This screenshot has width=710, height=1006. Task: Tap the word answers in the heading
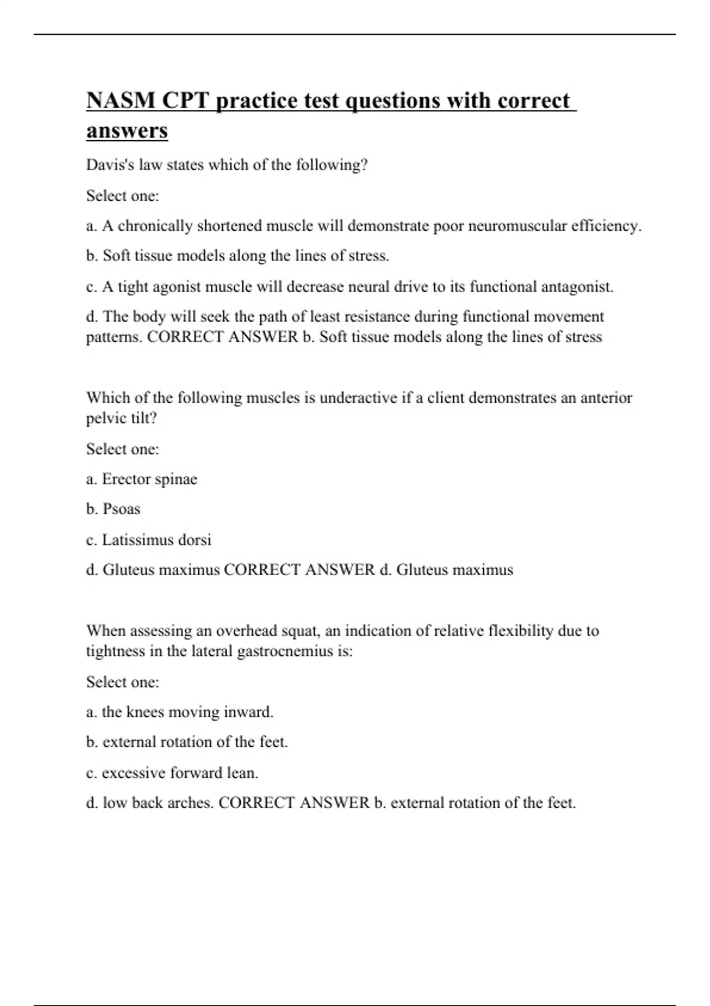pyautogui.click(x=127, y=131)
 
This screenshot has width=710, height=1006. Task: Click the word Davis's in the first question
pyautogui.click(x=111, y=165)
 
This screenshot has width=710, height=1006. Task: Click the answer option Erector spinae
pyautogui.click(x=149, y=479)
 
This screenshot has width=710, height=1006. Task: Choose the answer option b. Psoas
pyautogui.click(x=113, y=510)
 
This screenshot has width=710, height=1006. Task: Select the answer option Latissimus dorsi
pyautogui.click(x=156, y=540)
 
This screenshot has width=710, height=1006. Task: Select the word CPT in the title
pyautogui.click(x=186, y=101)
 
